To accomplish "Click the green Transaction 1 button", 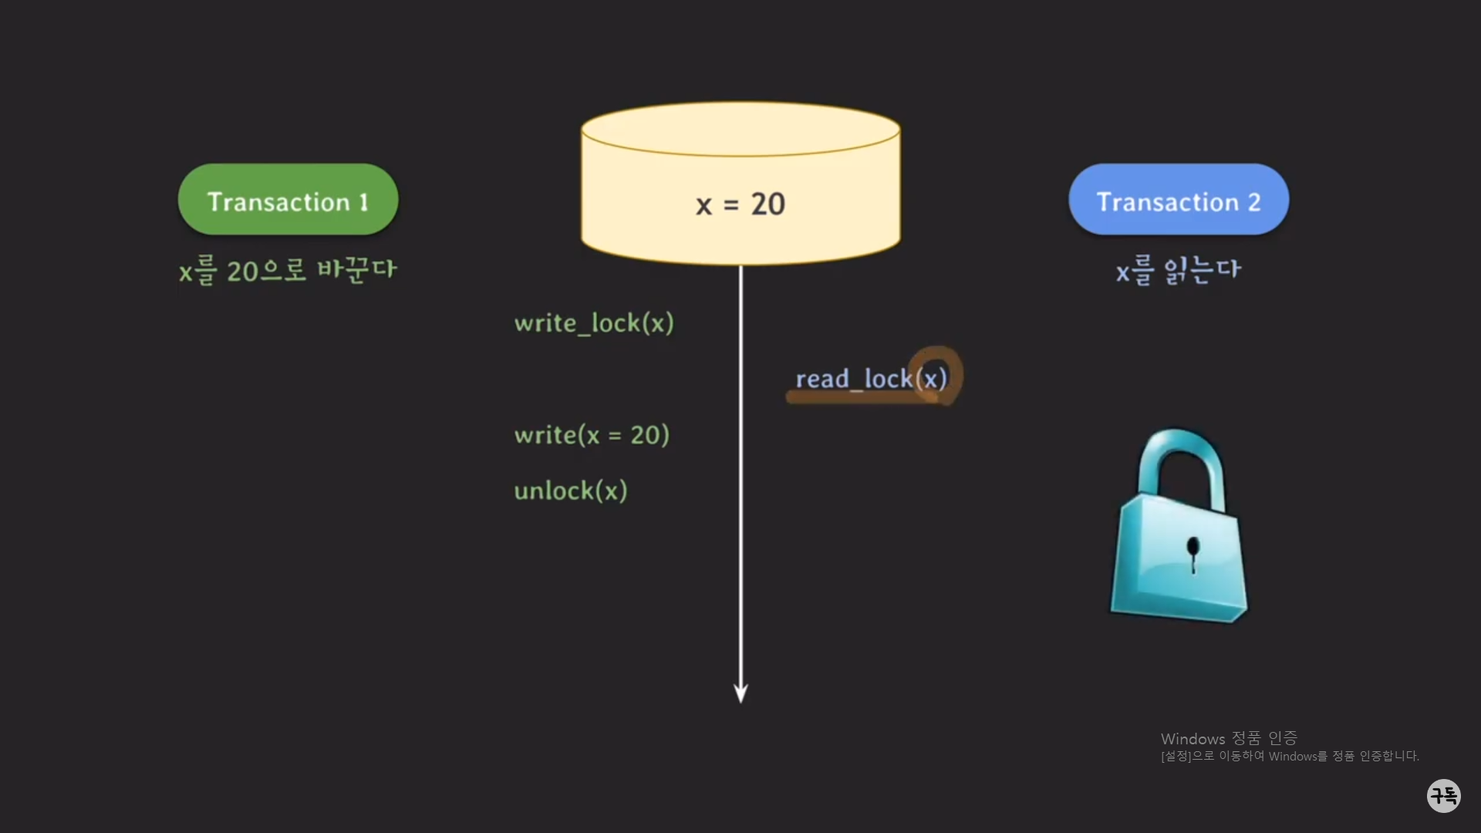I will click(x=288, y=200).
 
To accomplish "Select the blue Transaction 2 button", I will click(x=1178, y=200).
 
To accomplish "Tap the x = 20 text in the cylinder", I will click(x=740, y=204).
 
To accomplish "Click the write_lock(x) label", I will click(x=594, y=323).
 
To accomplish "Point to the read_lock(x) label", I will click(x=870, y=379).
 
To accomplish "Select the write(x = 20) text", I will click(x=592, y=435).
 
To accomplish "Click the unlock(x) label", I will click(x=571, y=491).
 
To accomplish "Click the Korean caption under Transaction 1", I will click(x=288, y=271).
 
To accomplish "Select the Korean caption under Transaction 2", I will click(x=1178, y=271).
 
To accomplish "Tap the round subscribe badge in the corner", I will click(x=1443, y=795).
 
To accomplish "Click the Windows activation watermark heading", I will click(x=1228, y=738).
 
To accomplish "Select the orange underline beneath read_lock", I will click(x=856, y=397).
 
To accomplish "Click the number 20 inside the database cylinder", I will click(x=767, y=204).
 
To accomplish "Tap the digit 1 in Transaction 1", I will click(x=363, y=202).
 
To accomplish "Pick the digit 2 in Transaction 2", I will click(x=1254, y=202).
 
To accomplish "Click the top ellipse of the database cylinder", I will click(x=740, y=129).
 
